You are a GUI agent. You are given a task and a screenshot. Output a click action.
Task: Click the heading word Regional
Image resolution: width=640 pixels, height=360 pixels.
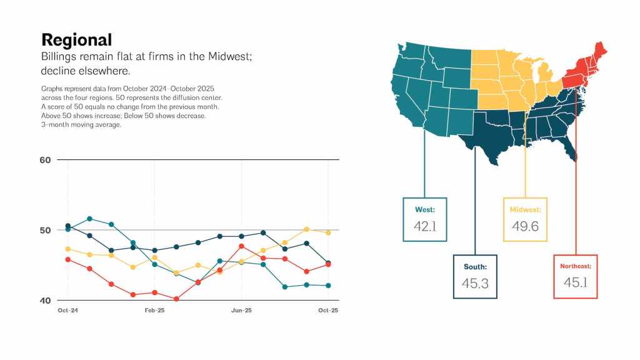point(76,40)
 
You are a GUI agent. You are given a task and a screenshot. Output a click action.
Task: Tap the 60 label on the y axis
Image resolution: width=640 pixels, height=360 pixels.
point(45,160)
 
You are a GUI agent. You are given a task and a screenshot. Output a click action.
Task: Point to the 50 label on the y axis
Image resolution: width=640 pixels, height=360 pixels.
point(45,231)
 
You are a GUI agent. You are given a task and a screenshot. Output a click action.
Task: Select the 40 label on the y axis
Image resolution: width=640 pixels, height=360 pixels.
point(45,301)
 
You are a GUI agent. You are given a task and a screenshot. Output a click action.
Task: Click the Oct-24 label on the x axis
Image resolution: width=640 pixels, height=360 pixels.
point(67,311)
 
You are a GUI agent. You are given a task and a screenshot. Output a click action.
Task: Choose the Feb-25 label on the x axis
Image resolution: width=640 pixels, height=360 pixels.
point(154,311)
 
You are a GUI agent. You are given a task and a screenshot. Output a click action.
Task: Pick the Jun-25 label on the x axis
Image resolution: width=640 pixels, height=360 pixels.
point(241,311)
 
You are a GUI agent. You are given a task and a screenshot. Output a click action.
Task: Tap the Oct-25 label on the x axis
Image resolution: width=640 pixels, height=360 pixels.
point(328,311)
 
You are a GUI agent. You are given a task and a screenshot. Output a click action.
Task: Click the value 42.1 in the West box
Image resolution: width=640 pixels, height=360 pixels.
point(425,226)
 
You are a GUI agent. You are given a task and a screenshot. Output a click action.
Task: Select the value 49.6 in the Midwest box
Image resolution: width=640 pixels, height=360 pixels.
point(525,226)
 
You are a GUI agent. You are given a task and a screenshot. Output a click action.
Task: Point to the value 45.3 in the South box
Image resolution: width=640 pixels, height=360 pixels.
point(475,283)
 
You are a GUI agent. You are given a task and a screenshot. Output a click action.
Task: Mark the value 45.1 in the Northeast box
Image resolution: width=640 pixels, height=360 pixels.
point(576,282)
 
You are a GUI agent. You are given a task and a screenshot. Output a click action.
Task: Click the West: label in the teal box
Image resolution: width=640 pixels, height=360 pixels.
point(425,209)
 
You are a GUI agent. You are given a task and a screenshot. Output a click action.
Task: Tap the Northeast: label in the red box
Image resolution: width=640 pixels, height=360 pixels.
point(576,266)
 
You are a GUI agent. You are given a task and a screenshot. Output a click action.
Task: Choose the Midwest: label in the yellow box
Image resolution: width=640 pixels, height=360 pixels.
point(525,209)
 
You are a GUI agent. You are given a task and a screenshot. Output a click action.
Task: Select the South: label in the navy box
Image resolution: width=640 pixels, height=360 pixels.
point(475,267)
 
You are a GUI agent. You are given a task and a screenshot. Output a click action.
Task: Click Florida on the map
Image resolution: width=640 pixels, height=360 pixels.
point(567,147)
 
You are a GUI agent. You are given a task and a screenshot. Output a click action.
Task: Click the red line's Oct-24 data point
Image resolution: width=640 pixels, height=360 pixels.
point(68,259)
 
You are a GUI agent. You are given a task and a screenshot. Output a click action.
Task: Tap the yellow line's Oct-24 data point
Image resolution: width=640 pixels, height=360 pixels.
point(68,249)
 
